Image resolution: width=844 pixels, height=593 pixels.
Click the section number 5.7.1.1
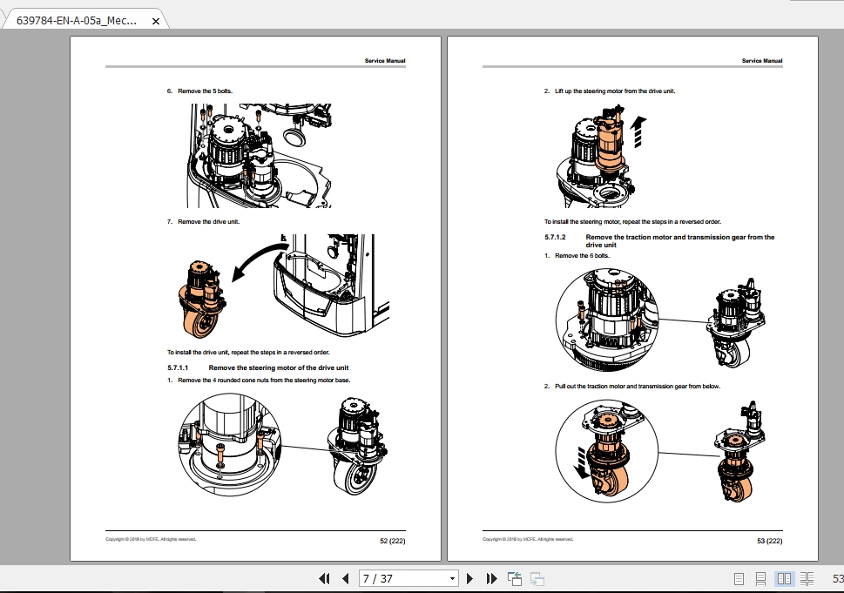(x=179, y=368)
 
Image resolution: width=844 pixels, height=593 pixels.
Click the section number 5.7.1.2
(x=556, y=237)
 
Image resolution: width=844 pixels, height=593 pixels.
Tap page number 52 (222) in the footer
(x=392, y=541)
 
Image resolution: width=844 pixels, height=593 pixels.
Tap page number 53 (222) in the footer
(x=769, y=541)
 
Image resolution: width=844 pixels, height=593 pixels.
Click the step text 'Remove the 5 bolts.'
(x=205, y=91)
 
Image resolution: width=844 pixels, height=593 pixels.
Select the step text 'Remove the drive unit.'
(x=208, y=222)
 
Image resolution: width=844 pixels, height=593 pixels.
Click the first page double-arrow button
(x=325, y=578)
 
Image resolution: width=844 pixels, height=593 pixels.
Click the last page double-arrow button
(x=491, y=578)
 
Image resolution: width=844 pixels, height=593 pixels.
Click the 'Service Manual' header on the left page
(x=385, y=61)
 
